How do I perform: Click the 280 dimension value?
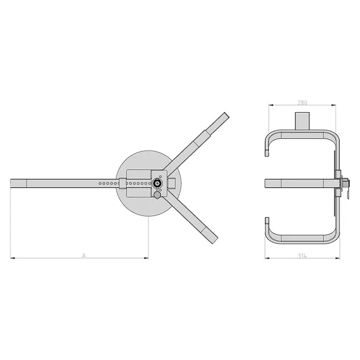click(x=302, y=102)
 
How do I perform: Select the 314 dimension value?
click(x=302, y=256)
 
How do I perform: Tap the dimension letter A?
click(x=84, y=256)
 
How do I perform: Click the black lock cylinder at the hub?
click(x=157, y=183)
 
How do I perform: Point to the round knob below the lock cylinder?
click(x=157, y=195)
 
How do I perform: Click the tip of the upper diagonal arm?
click(x=227, y=114)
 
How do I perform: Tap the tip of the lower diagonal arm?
click(x=215, y=241)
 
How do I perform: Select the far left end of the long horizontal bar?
click(x=11, y=183)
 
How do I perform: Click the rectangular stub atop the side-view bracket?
click(x=302, y=121)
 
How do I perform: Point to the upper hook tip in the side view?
click(x=267, y=153)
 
